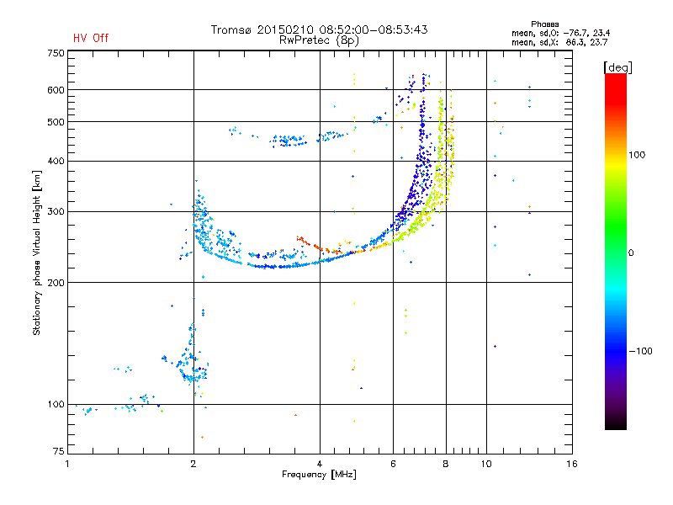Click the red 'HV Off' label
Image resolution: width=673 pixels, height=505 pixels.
(x=91, y=38)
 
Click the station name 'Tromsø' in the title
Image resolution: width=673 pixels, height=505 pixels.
(x=231, y=29)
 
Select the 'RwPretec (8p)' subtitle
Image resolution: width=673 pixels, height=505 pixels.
(x=319, y=40)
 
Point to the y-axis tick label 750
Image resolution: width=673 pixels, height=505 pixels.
(x=56, y=53)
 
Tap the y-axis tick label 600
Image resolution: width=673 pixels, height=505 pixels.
(x=56, y=90)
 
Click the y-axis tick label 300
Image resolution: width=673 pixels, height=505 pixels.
(x=56, y=211)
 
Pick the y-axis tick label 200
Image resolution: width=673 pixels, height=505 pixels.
(x=56, y=283)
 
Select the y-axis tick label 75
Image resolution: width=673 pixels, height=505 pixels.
(x=59, y=451)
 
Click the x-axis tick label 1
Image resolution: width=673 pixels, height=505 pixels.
(x=67, y=464)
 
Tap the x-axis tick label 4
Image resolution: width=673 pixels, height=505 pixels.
(x=320, y=464)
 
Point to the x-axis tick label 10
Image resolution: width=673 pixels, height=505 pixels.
(x=486, y=464)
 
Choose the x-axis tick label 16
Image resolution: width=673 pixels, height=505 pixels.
(x=572, y=464)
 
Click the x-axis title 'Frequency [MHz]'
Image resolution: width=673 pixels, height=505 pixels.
(x=319, y=475)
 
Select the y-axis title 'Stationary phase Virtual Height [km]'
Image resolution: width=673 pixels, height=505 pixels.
(x=37, y=252)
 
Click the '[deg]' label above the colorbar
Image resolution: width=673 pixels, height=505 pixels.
(x=617, y=67)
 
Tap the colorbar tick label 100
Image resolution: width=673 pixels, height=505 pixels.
(x=637, y=155)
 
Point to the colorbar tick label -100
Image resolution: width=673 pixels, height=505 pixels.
(x=640, y=351)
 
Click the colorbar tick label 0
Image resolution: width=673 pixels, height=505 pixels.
(x=631, y=253)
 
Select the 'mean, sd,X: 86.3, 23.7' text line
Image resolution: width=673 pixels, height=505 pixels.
(x=559, y=43)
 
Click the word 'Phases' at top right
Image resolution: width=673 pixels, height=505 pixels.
(x=544, y=24)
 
